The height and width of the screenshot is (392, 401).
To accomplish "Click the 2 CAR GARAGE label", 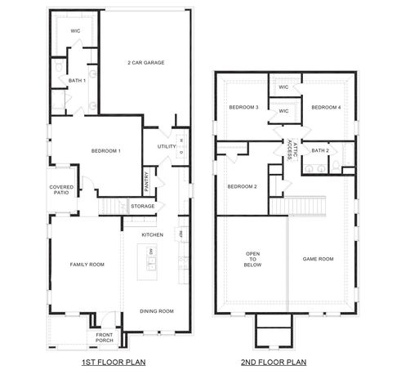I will pyautogui.click(x=145, y=63).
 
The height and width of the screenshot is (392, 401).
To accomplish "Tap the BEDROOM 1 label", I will pyautogui.click(x=106, y=151).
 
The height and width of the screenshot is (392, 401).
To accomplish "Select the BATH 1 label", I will pyautogui.click(x=77, y=80).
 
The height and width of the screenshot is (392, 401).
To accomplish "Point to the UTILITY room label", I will pyautogui.click(x=167, y=147).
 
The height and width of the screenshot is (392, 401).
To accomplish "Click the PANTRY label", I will pyautogui.click(x=147, y=179).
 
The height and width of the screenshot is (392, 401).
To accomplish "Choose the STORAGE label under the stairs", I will pyautogui.click(x=142, y=206).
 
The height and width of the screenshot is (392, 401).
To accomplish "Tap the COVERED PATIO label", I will pyautogui.click(x=62, y=191).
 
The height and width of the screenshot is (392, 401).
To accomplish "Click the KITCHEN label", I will pyautogui.click(x=153, y=234).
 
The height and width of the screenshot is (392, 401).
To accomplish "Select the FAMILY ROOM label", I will pyautogui.click(x=87, y=264).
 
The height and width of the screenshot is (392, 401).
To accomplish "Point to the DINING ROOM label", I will pyautogui.click(x=157, y=310).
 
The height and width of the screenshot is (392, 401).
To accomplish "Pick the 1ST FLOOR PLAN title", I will pyautogui.click(x=114, y=361).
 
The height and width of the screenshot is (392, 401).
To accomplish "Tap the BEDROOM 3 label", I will pyautogui.click(x=243, y=107).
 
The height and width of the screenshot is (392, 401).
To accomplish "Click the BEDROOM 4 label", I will pyautogui.click(x=327, y=107).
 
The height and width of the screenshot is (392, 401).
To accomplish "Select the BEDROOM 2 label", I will pyautogui.click(x=242, y=186).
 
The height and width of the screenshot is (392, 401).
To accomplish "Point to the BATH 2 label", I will pyautogui.click(x=320, y=150).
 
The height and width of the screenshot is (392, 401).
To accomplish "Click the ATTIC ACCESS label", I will pyautogui.click(x=289, y=149).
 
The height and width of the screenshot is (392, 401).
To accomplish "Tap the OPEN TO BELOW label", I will pyautogui.click(x=252, y=259).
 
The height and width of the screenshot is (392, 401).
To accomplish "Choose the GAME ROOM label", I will pyautogui.click(x=319, y=259).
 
